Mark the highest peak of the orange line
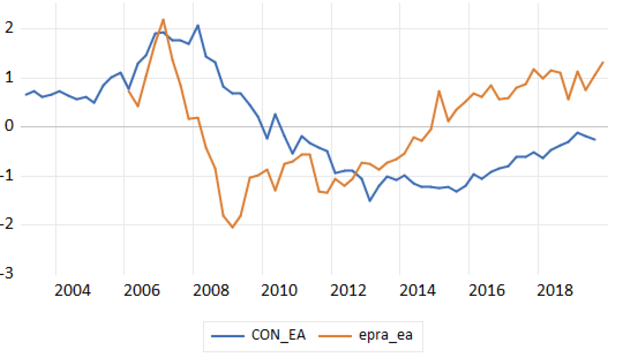coord(163,19)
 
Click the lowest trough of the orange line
coord(232,227)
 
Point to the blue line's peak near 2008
coord(198,25)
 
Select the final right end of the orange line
coord(603,62)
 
